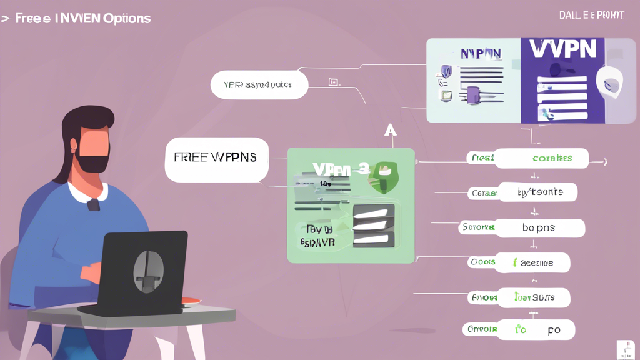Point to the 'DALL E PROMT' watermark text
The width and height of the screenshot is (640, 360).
pos(592,15)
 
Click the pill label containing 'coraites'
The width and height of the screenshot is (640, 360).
pos(551,158)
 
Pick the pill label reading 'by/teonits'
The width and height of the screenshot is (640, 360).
pos(539,192)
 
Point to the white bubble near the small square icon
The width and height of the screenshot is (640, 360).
pos(259,84)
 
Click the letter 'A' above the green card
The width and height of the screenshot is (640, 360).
pos(391,129)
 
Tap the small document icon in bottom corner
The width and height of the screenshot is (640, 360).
pos(625,349)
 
